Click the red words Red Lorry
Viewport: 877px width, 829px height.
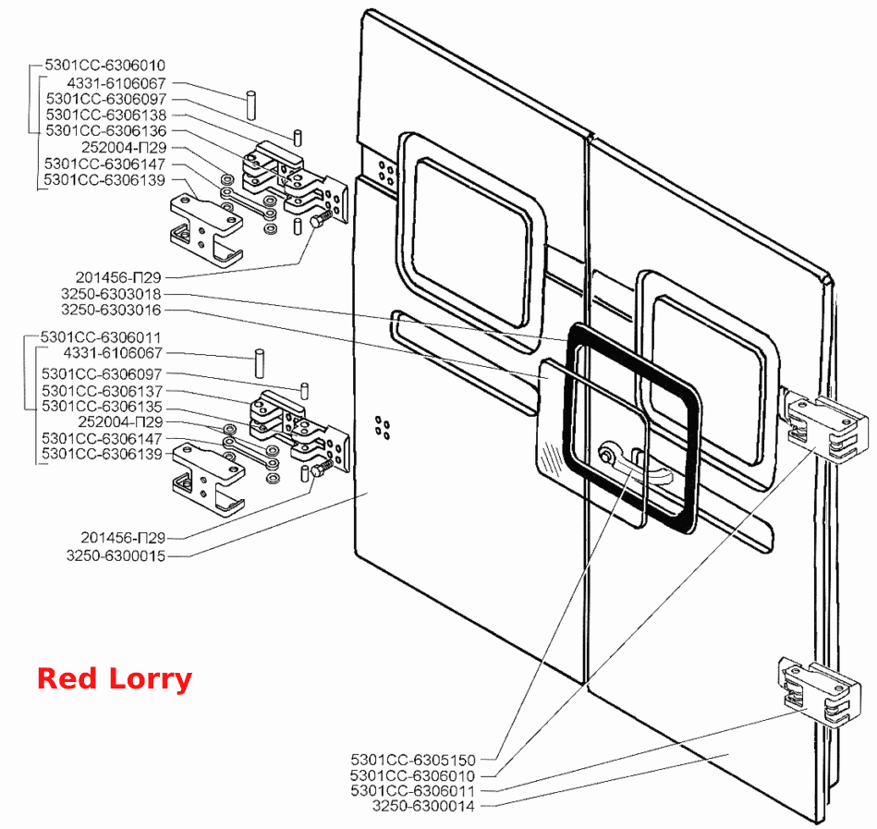[115, 678]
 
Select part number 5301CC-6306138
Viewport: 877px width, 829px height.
[105, 115]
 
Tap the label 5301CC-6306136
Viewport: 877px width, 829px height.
[105, 130]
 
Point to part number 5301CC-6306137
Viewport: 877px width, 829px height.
[102, 390]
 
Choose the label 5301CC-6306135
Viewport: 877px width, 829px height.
[102, 406]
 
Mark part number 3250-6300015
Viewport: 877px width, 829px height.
[116, 555]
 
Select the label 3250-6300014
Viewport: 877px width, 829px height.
[423, 806]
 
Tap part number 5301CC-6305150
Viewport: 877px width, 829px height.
[413, 760]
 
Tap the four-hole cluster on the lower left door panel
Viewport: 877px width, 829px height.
[384, 428]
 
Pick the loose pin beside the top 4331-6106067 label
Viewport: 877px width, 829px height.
[251, 104]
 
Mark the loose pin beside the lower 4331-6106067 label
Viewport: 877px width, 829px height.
[260, 363]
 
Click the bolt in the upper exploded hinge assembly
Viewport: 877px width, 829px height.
[321, 219]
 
